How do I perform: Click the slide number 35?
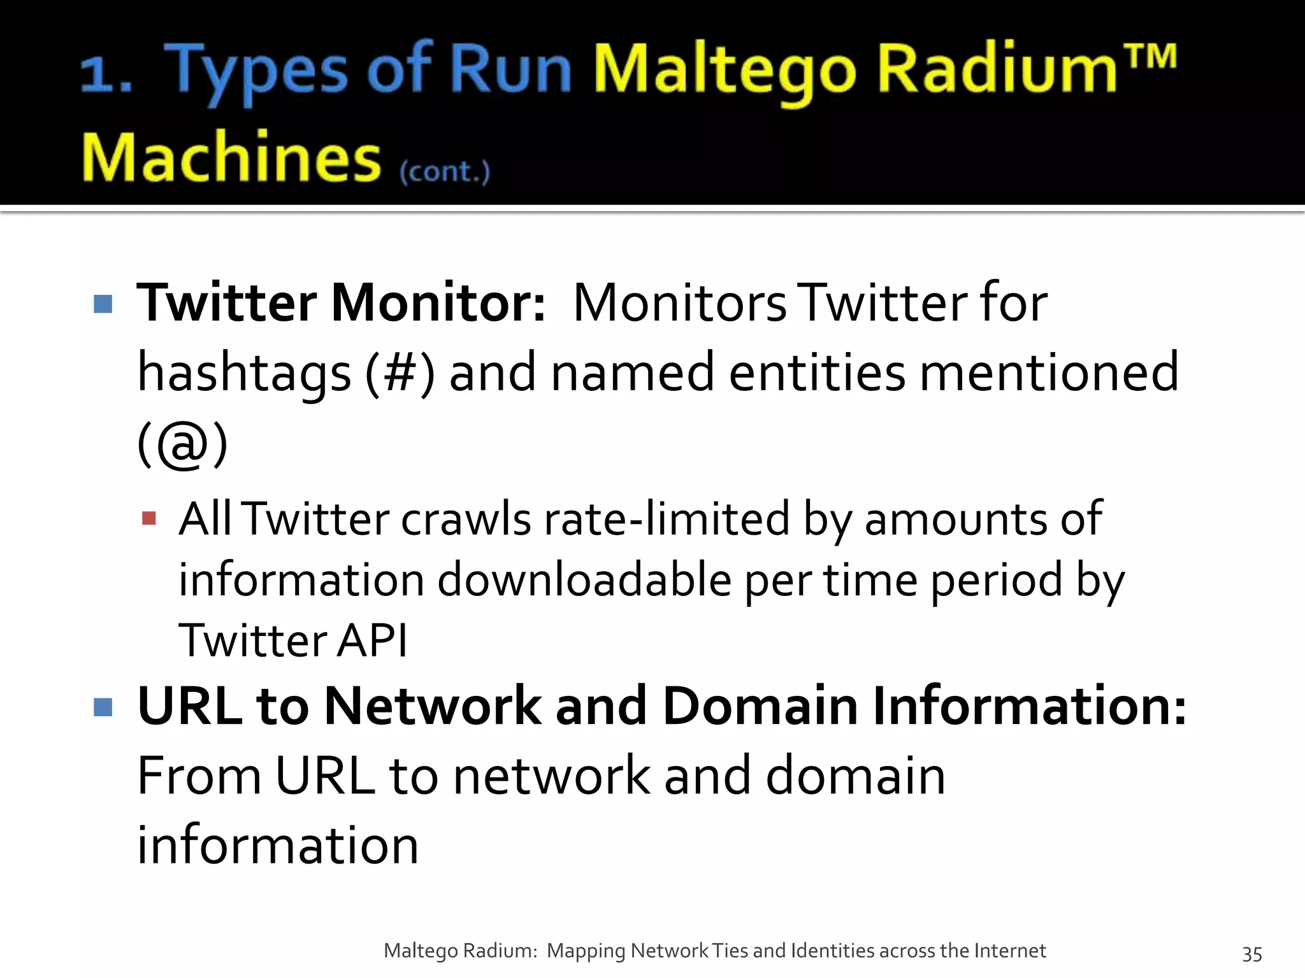pos(1251,953)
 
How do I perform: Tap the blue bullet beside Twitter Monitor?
pos(103,304)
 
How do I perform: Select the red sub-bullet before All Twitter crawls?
pos(149,518)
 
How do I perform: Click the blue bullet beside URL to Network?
pos(103,707)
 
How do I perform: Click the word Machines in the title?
pos(231,157)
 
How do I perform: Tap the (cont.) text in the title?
pos(445,171)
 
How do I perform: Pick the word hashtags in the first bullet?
pos(244,373)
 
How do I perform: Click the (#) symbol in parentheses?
pos(400,373)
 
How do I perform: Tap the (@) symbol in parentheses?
pos(182,444)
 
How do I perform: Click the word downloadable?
pos(584,580)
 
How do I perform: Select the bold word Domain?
pos(760,706)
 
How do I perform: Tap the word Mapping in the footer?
pos(586,951)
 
